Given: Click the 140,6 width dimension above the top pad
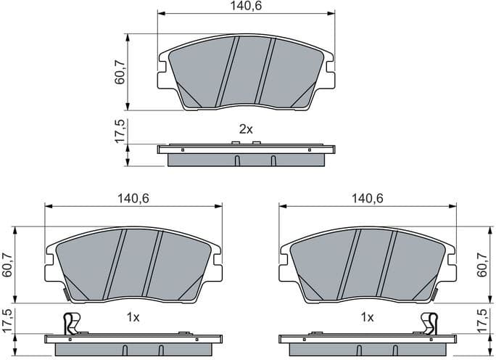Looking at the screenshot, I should [247, 7].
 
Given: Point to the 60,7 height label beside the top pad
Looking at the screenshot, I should [120, 70].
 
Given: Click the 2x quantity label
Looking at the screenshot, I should [246, 129].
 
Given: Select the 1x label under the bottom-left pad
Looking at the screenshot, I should [133, 318].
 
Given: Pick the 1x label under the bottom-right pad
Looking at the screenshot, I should [367, 318].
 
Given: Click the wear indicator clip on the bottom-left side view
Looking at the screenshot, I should [70, 323].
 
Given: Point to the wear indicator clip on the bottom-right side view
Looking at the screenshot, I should [430, 323].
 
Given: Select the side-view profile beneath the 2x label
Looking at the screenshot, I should [247, 155].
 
